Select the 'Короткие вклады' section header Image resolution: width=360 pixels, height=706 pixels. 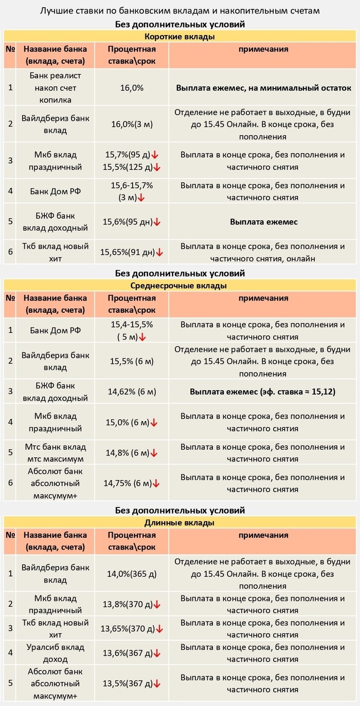click(179, 37)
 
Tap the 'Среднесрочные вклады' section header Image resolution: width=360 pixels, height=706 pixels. click(179, 286)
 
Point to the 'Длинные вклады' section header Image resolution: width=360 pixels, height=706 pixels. click(179, 523)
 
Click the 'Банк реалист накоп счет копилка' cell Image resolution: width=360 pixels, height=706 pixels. click(55, 87)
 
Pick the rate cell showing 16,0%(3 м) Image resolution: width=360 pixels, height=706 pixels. click(132, 124)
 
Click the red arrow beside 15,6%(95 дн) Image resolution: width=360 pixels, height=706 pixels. click(157, 222)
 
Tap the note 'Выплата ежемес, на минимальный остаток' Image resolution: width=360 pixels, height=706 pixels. click(263, 88)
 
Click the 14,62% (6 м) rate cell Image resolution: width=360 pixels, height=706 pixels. click(132, 392)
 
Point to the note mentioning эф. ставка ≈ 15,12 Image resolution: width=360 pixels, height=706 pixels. click(263, 392)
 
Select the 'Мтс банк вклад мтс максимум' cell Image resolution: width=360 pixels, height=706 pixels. click(55, 452)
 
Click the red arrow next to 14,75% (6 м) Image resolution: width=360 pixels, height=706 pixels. click(156, 484)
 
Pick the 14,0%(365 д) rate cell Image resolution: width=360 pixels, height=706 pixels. click(132, 574)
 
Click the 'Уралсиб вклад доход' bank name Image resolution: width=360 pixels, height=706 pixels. click(55, 653)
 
